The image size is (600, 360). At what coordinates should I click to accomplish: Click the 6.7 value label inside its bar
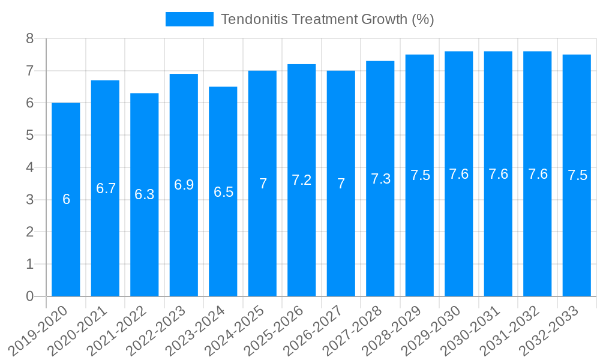[106, 188]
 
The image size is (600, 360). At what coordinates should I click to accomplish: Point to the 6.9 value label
[184, 185]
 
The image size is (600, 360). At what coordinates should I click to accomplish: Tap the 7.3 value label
[380, 179]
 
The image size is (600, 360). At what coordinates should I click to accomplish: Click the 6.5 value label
[223, 192]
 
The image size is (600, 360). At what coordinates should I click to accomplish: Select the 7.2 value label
[302, 180]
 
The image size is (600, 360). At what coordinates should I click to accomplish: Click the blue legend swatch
[189, 19]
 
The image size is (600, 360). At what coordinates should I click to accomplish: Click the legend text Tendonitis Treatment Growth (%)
[327, 19]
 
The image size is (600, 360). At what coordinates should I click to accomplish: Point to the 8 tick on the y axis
[29, 39]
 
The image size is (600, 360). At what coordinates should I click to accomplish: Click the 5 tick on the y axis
[29, 136]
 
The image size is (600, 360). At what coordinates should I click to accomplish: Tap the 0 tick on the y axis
[29, 296]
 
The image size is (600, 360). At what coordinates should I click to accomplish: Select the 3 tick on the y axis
[29, 200]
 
